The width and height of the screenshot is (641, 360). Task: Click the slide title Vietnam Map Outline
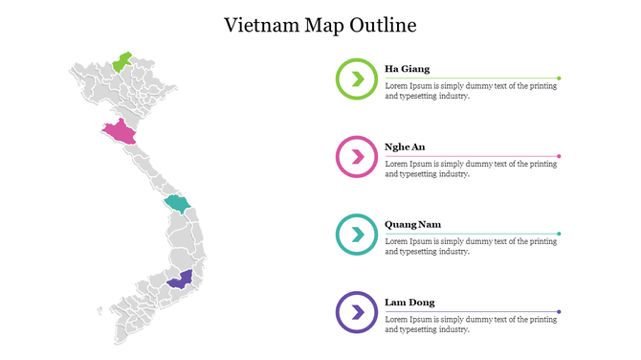(320, 25)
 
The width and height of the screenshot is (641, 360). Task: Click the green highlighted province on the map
(122, 63)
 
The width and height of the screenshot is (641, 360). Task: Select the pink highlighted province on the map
(119, 132)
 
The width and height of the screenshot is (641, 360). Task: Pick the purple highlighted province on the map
(178, 280)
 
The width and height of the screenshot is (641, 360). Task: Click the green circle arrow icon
(356, 79)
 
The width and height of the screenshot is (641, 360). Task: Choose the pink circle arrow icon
(356, 156)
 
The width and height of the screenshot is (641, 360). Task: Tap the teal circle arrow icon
(356, 234)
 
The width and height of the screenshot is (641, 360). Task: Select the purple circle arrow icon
(356, 311)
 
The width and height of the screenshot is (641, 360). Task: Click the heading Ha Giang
(407, 69)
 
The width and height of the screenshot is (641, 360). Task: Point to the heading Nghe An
(405, 146)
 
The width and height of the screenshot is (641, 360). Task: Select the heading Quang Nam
(412, 224)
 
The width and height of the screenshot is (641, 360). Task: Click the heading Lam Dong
(409, 303)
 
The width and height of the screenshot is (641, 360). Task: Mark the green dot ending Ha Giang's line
(559, 78)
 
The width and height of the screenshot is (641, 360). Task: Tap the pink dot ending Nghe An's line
(559, 156)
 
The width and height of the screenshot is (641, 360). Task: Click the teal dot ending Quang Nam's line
(559, 234)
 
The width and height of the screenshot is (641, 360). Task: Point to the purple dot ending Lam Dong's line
(559, 311)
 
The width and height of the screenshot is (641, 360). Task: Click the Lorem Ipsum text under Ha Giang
(470, 90)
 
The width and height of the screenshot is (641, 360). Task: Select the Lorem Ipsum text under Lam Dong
(470, 324)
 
